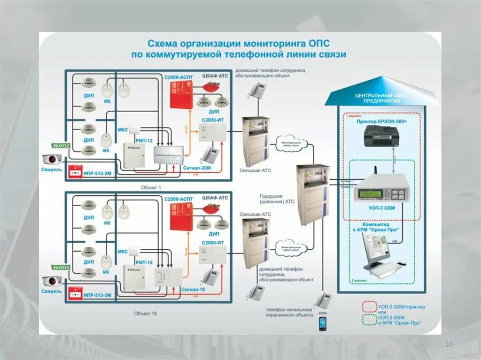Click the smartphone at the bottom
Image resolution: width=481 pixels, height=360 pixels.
tap(323, 323)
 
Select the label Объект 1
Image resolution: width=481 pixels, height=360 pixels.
tap(151, 187)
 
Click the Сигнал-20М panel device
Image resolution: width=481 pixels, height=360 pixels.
tap(169, 155)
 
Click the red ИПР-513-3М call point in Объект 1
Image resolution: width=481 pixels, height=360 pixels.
tap(75, 171)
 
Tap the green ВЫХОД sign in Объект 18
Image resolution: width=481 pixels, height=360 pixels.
tap(61, 268)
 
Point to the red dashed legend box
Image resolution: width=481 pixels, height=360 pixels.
tap(369, 307)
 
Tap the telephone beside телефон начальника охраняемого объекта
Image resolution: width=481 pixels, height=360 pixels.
tap(324, 299)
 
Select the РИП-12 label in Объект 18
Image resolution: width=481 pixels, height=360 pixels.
tap(143, 262)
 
